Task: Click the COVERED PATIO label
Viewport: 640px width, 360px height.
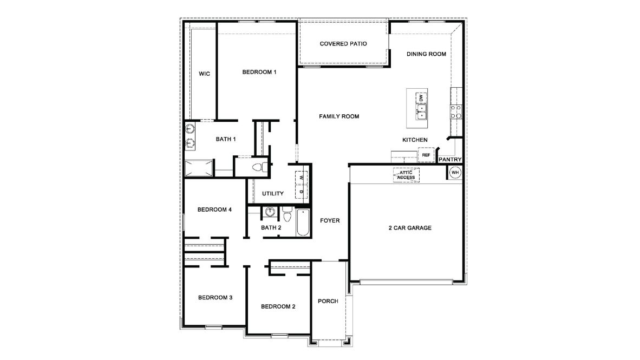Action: point(343,44)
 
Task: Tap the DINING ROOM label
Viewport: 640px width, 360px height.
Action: point(426,54)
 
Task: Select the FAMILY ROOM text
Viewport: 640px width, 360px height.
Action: point(339,116)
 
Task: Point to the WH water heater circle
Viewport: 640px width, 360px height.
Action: point(455,173)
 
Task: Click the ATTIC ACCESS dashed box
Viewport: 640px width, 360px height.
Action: point(406,175)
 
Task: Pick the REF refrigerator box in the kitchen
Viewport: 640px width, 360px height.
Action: point(426,155)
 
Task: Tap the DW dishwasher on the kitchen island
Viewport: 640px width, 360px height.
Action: point(421,98)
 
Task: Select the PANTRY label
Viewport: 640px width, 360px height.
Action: point(450,160)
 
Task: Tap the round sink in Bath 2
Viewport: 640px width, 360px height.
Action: point(270,212)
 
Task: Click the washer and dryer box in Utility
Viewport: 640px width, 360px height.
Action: point(301,185)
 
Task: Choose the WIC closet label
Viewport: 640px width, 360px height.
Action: point(204,74)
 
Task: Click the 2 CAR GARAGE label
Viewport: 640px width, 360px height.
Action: point(410,228)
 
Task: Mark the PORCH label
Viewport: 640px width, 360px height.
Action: point(328,302)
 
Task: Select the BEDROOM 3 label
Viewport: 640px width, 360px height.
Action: point(215,297)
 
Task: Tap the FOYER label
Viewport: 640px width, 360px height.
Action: point(330,220)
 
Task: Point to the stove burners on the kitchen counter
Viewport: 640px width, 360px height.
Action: point(456,112)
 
